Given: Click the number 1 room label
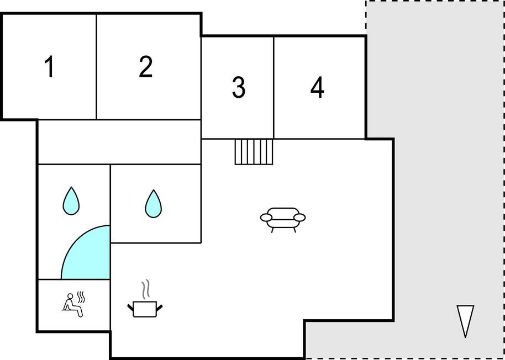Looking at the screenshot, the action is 49,67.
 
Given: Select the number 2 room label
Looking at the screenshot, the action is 145,66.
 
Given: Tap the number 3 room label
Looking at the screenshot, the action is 239,87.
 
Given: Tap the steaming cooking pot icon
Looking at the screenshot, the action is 145,298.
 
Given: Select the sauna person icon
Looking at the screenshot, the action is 74,305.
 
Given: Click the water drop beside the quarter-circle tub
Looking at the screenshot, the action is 71,201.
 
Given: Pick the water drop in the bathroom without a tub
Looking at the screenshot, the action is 153,203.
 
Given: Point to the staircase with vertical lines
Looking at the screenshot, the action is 254,152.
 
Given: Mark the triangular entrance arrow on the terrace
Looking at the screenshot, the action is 465,321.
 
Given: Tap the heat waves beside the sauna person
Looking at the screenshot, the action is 81,297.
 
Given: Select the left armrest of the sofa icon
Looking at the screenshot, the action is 266,218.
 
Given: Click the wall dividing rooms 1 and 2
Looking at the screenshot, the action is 96,67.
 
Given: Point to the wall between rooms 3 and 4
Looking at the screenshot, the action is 273,87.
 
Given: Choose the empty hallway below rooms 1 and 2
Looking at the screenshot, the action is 119,142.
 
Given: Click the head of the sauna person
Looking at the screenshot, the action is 70,296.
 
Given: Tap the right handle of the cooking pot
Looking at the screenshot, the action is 159,308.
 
